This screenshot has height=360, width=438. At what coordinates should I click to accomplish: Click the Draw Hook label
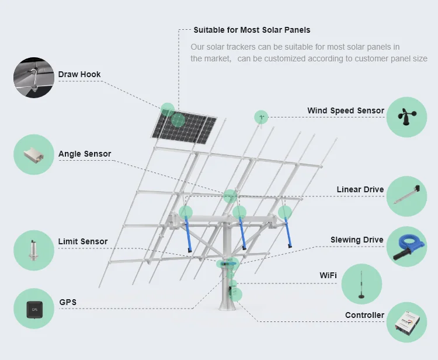coord(79,75)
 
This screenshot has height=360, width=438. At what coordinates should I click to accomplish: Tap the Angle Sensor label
coord(85,154)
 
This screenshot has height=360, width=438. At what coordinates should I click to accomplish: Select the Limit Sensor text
coord(83,241)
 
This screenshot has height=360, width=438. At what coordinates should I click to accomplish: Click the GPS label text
coord(68,302)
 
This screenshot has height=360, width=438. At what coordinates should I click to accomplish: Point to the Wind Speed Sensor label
coord(346,110)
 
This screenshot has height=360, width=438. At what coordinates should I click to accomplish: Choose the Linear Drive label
coord(360,190)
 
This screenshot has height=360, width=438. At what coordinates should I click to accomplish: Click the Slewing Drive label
coord(357,240)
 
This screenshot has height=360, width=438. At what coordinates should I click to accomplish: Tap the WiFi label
coord(328,275)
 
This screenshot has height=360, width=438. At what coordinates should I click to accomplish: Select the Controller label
coord(364,316)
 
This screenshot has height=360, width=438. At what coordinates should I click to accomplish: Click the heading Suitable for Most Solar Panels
coord(252,30)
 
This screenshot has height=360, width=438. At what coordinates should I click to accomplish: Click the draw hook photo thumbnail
coord(34,77)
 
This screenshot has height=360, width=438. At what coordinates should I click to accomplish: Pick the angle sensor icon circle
coord(34,155)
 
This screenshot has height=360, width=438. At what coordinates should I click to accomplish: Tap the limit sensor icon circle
coord(34,250)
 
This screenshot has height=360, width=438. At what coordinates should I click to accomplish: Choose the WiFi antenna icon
coord(361,284)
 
